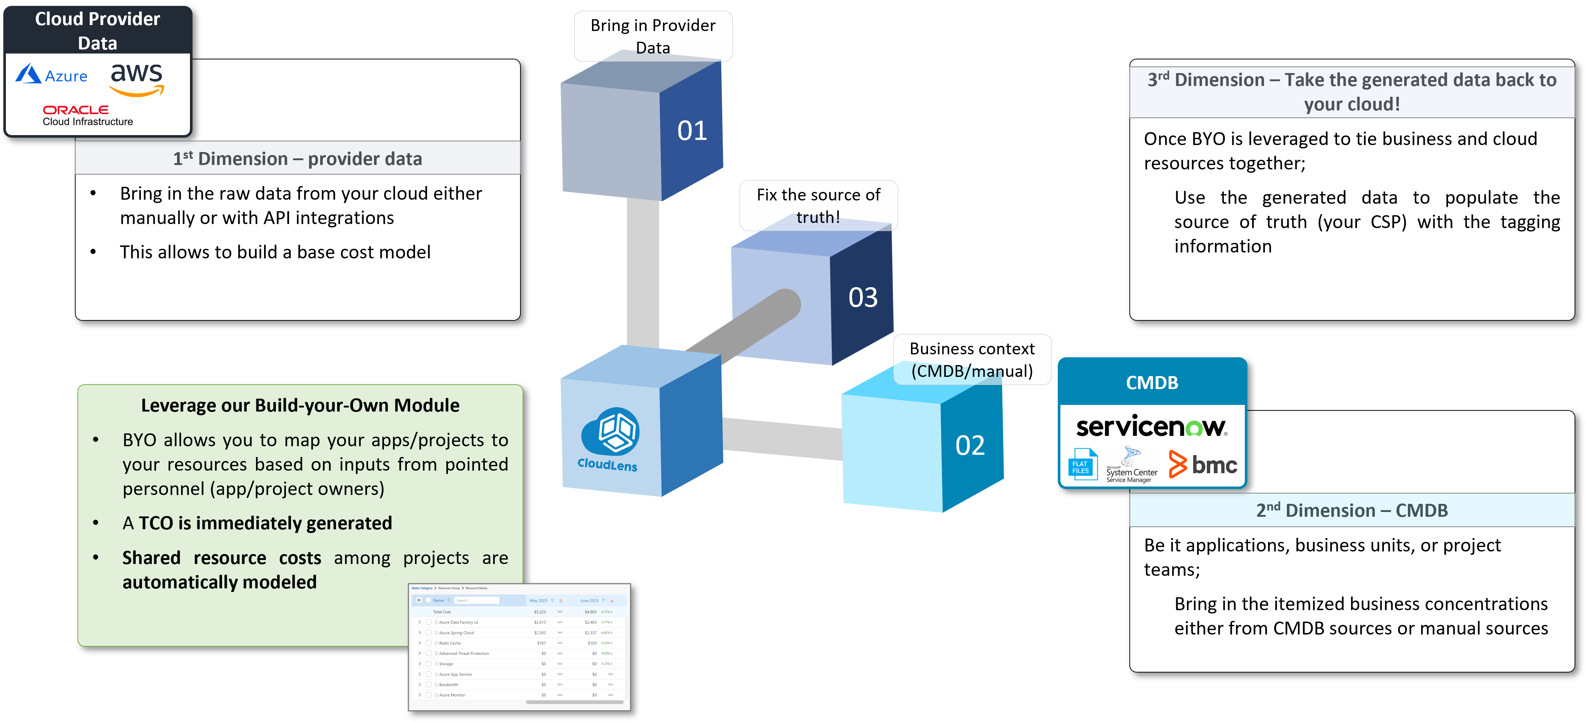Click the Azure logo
pos(52,75)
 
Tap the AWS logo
pos(137,79)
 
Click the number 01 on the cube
pos(692,131)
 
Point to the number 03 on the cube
pos(863,298)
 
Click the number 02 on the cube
pos(970,446)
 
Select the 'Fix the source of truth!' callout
pos(818,205)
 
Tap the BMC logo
pos(1203,464)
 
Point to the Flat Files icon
pos(1082,466)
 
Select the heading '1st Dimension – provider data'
pos(297,159)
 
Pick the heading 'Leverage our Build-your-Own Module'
pos(300,405)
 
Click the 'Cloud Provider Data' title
pos(97,31)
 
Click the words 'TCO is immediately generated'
pos(265,523)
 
